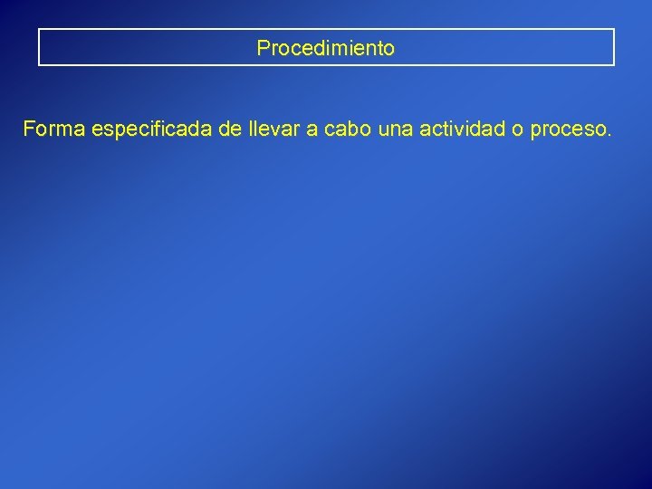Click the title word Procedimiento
click(x=326, y=48)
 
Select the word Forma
click(x=54, y=130)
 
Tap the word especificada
click(x=152, y=130)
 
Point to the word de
click(x=230, y=130)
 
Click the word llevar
click(x=273, y=130)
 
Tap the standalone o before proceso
click(x=516, y=131)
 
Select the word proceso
click(x=566, y=132)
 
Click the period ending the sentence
click(x=609, y=137)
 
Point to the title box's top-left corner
click(x=39, y=30)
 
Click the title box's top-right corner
click(x=614, y=30)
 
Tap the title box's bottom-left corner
click(x=39, y=65)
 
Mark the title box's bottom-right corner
click(x=614, y=65)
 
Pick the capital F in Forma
click(x=29, y=130)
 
